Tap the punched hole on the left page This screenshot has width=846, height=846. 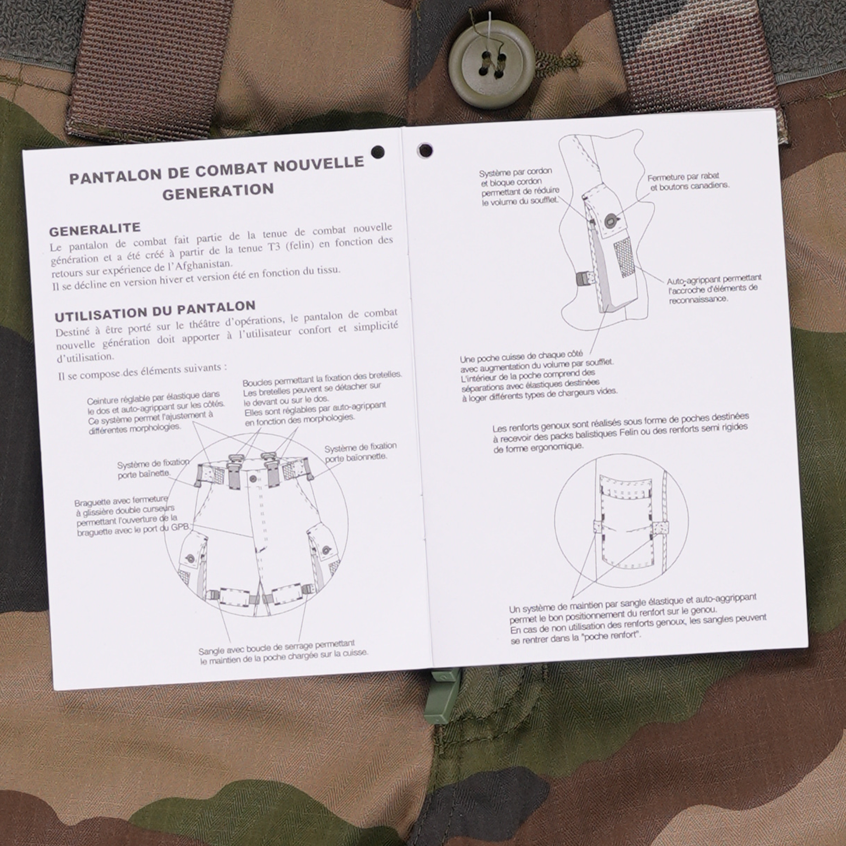click(x=378, y=152)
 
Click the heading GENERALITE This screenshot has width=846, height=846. click(x=95, y=229)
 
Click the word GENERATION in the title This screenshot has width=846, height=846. click(x=218, y=191)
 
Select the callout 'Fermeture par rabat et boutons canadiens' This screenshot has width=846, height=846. click(x=688, y=181)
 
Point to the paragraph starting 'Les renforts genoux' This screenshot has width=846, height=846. click(x=620, y=432)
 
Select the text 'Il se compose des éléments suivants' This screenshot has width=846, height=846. click(x=143, y=371)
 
